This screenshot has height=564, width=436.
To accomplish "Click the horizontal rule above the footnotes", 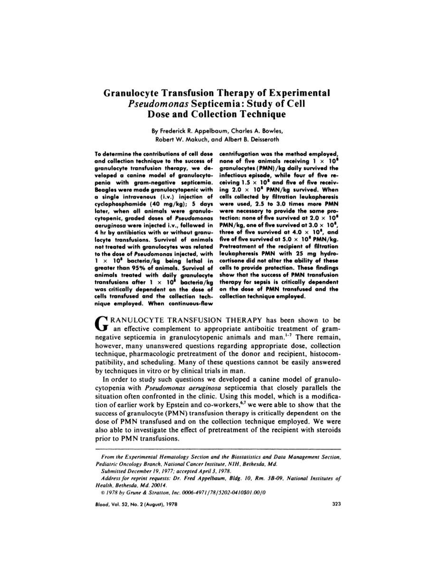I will click(x=218, y=449).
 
